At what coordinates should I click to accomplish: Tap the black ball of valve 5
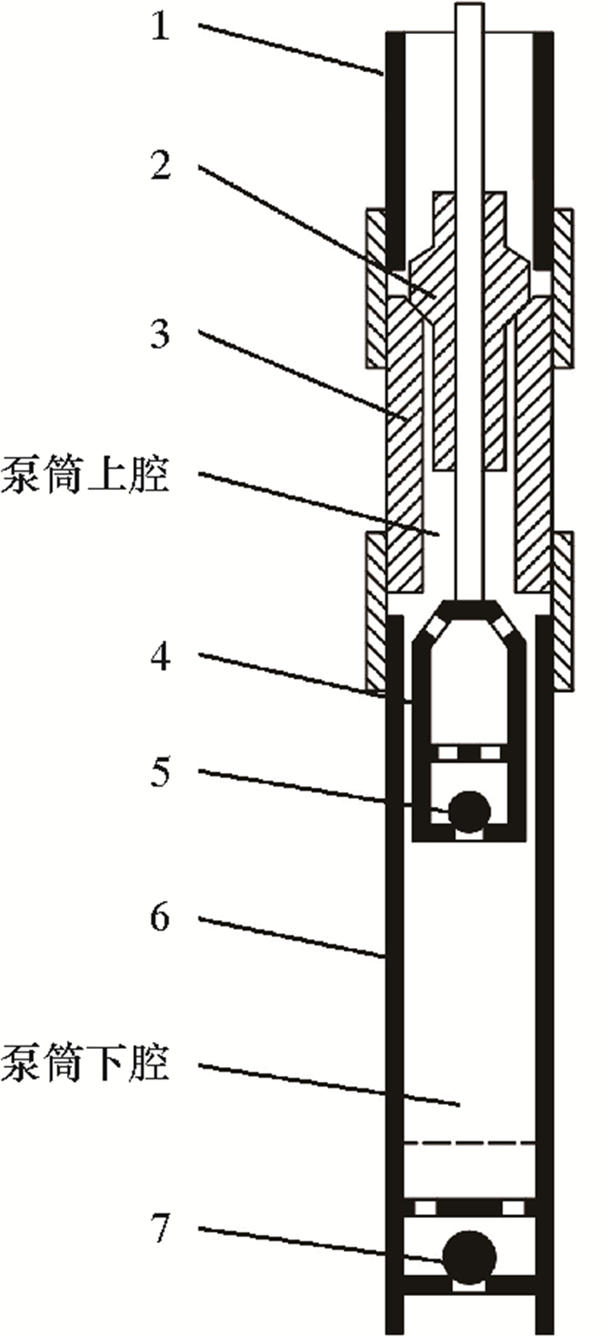(469, 810)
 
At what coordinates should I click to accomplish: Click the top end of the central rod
(469, 7)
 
